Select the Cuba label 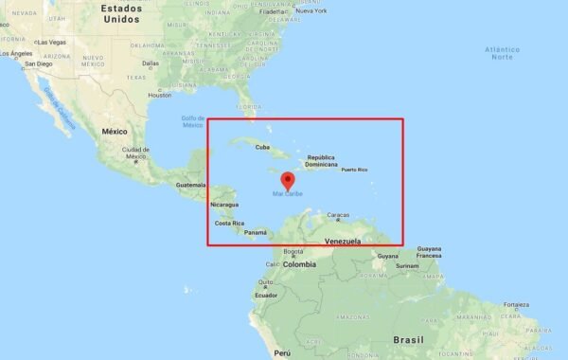(x=263, y=147)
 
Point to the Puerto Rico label (x=355, y=170)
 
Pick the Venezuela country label (x=345, y=243)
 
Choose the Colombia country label (x=298, y=264)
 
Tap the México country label (x=115, y=131)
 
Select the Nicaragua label (x=224, y=205)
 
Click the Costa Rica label (x=230, y=223)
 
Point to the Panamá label (x=256, y=232)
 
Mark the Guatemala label (x=191, y=184)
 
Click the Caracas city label (x=337, y=215)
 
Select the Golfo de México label (x=193, y=121)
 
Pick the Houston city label (x=160, y=95)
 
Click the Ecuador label (x=266, y=295)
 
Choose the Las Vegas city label (x=51, y=43)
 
